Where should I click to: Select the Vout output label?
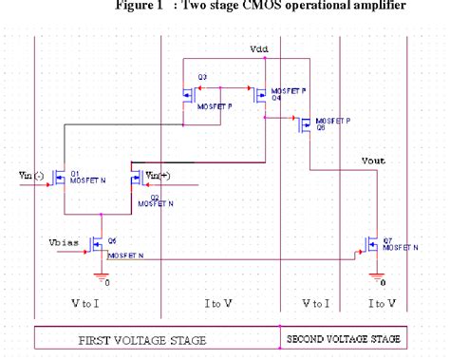[x=374, y=161]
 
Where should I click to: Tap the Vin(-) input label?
[x=31, y=175]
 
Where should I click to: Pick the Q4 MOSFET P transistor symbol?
[x=259, y=94]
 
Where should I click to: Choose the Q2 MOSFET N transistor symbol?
[x=136, y=177]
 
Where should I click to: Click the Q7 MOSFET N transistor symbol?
[x=370, y=244]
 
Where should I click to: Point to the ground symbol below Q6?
[x=100, y=276]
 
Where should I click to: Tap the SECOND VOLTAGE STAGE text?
[x=343, y=337]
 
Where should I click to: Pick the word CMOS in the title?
[x=255, y=7]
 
